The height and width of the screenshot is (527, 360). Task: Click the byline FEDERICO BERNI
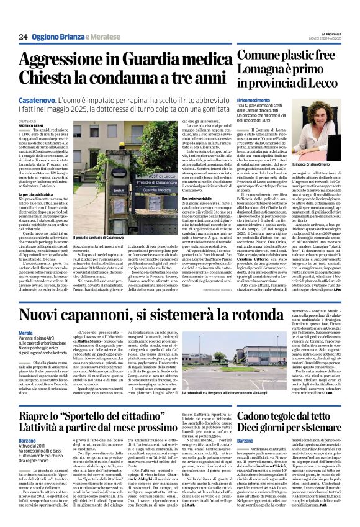tap(30, 125)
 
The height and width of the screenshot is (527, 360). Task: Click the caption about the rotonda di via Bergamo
tap(202, 393)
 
